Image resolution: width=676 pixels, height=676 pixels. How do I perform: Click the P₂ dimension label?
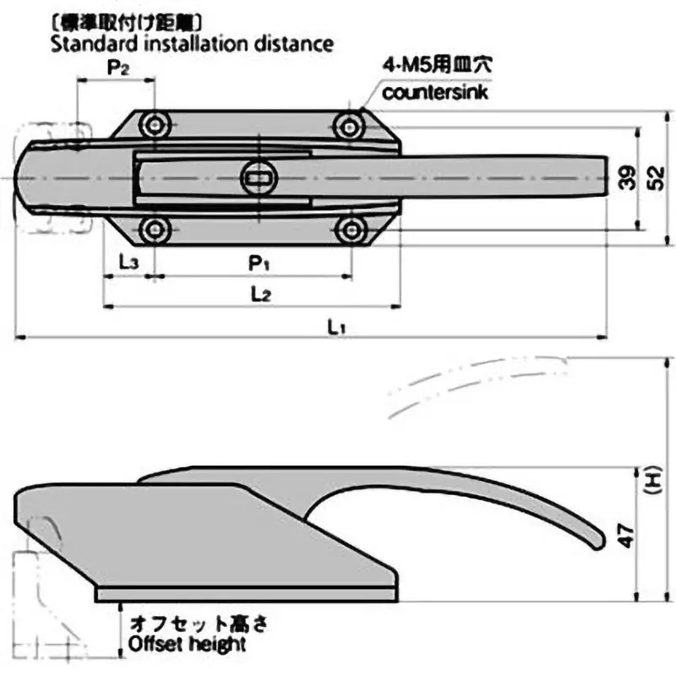[117, 68]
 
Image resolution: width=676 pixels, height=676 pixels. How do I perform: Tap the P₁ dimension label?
[259, 264]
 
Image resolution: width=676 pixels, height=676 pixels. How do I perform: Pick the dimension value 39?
[624, 179]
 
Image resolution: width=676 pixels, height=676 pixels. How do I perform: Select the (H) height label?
[651, 482]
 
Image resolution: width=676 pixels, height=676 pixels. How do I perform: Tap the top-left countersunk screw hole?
[154, 126]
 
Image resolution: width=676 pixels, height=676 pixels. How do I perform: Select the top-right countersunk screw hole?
[349, 126]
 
